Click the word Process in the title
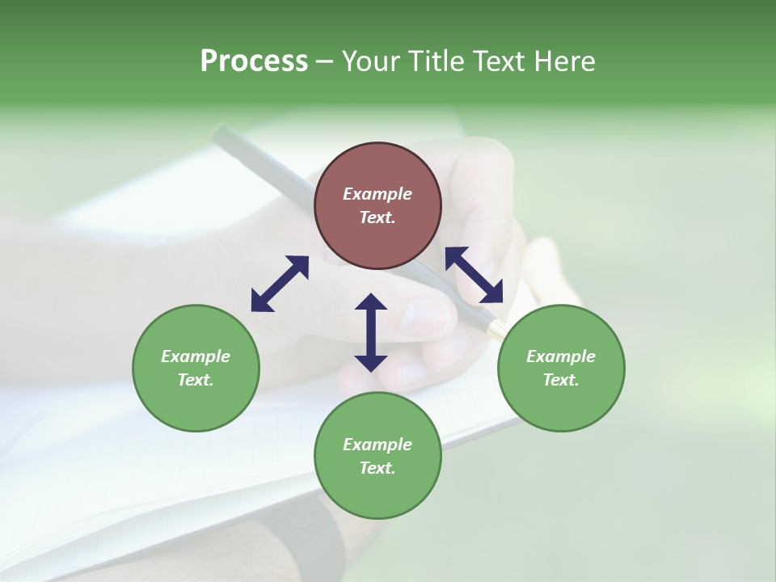[254, 61]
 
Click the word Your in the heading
[370, 61]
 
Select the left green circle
[196, 404]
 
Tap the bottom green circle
[377, 493]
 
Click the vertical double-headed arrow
[371, 332]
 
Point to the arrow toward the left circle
[280, 284]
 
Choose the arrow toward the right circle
[474, 275]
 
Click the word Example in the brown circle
[377, 194]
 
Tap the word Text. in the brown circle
[377, 217]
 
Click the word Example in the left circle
[196, 356]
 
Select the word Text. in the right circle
[561, 380]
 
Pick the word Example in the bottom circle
[377, 445]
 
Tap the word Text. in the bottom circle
[377, 468]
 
